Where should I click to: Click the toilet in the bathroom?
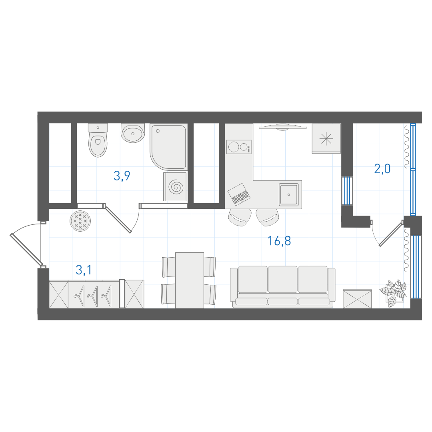tap(98, 140)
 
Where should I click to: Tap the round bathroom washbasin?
tap(133, 133)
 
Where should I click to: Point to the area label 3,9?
tap(122, 176)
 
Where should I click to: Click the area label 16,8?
tap(279, 241)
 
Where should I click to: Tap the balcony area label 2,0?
tap(382, 169)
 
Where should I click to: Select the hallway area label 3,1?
tap(84, 270)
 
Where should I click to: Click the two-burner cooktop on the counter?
tap(239, 147)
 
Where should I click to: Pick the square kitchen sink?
tap(288, 194)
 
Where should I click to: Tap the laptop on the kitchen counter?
tap(239, 194)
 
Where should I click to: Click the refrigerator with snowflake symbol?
tap(326, 138)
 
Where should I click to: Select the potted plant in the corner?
tap(393, 293)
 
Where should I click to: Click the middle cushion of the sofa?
tap(283, 279)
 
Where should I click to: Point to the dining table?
tap(190, 280)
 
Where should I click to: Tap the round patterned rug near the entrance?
tap(80, 221)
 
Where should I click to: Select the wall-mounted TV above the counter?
tap(283, 127)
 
